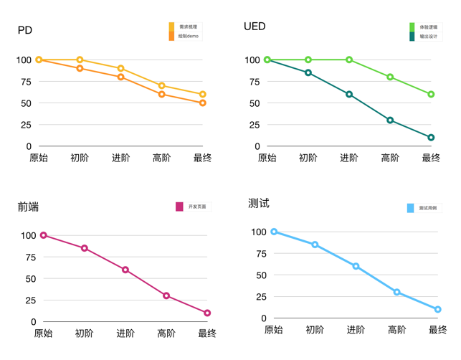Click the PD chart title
25,31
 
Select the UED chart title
255,27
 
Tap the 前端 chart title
28,207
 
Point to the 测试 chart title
259,204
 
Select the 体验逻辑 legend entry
428,27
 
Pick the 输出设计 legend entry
428,37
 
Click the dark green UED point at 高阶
390,120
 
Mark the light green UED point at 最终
431,95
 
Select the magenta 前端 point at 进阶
125,270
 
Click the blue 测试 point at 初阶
315,245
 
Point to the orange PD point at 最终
203,103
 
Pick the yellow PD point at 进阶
120,68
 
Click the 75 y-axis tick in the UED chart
252,82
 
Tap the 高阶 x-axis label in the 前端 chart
166,333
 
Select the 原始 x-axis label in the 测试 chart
273,330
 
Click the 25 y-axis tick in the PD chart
25,125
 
